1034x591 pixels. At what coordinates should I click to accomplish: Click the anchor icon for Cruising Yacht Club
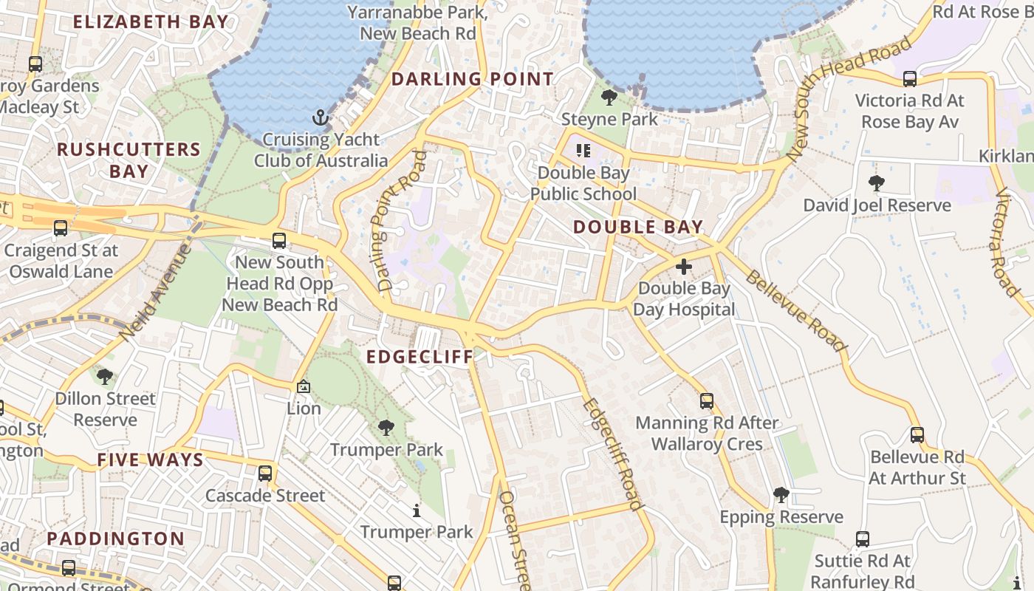point(320,117)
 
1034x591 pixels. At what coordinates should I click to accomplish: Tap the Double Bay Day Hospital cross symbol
point(684,266)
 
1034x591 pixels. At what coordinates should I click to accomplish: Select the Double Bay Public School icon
point(583,151)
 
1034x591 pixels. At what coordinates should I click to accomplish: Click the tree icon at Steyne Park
point(609,97)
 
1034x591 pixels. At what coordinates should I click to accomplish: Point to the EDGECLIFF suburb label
point(420,357)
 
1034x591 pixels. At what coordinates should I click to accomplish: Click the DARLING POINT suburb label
point(472,79)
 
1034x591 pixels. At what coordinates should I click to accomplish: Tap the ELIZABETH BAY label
point(151,21)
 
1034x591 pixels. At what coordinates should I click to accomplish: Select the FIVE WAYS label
point(150,460)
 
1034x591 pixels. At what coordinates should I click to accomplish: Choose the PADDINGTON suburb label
point(116,539)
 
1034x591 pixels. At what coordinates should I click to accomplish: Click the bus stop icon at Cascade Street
point(265,474)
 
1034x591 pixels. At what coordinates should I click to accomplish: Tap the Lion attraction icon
point(304,386)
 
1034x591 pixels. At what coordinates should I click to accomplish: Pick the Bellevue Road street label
point(795,310)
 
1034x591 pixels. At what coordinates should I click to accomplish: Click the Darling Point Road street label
point(392,220)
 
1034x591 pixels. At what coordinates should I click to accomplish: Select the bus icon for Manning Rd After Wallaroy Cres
point(707,401)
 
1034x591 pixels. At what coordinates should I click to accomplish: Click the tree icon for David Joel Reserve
point(877,182)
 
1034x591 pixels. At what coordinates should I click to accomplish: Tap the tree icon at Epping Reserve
point(781,495)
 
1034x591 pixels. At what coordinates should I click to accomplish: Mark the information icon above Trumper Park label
point(417,510)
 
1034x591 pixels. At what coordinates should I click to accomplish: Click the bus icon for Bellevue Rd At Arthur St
point(917,435)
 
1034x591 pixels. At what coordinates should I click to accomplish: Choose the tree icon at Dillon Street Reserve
point(105,377)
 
